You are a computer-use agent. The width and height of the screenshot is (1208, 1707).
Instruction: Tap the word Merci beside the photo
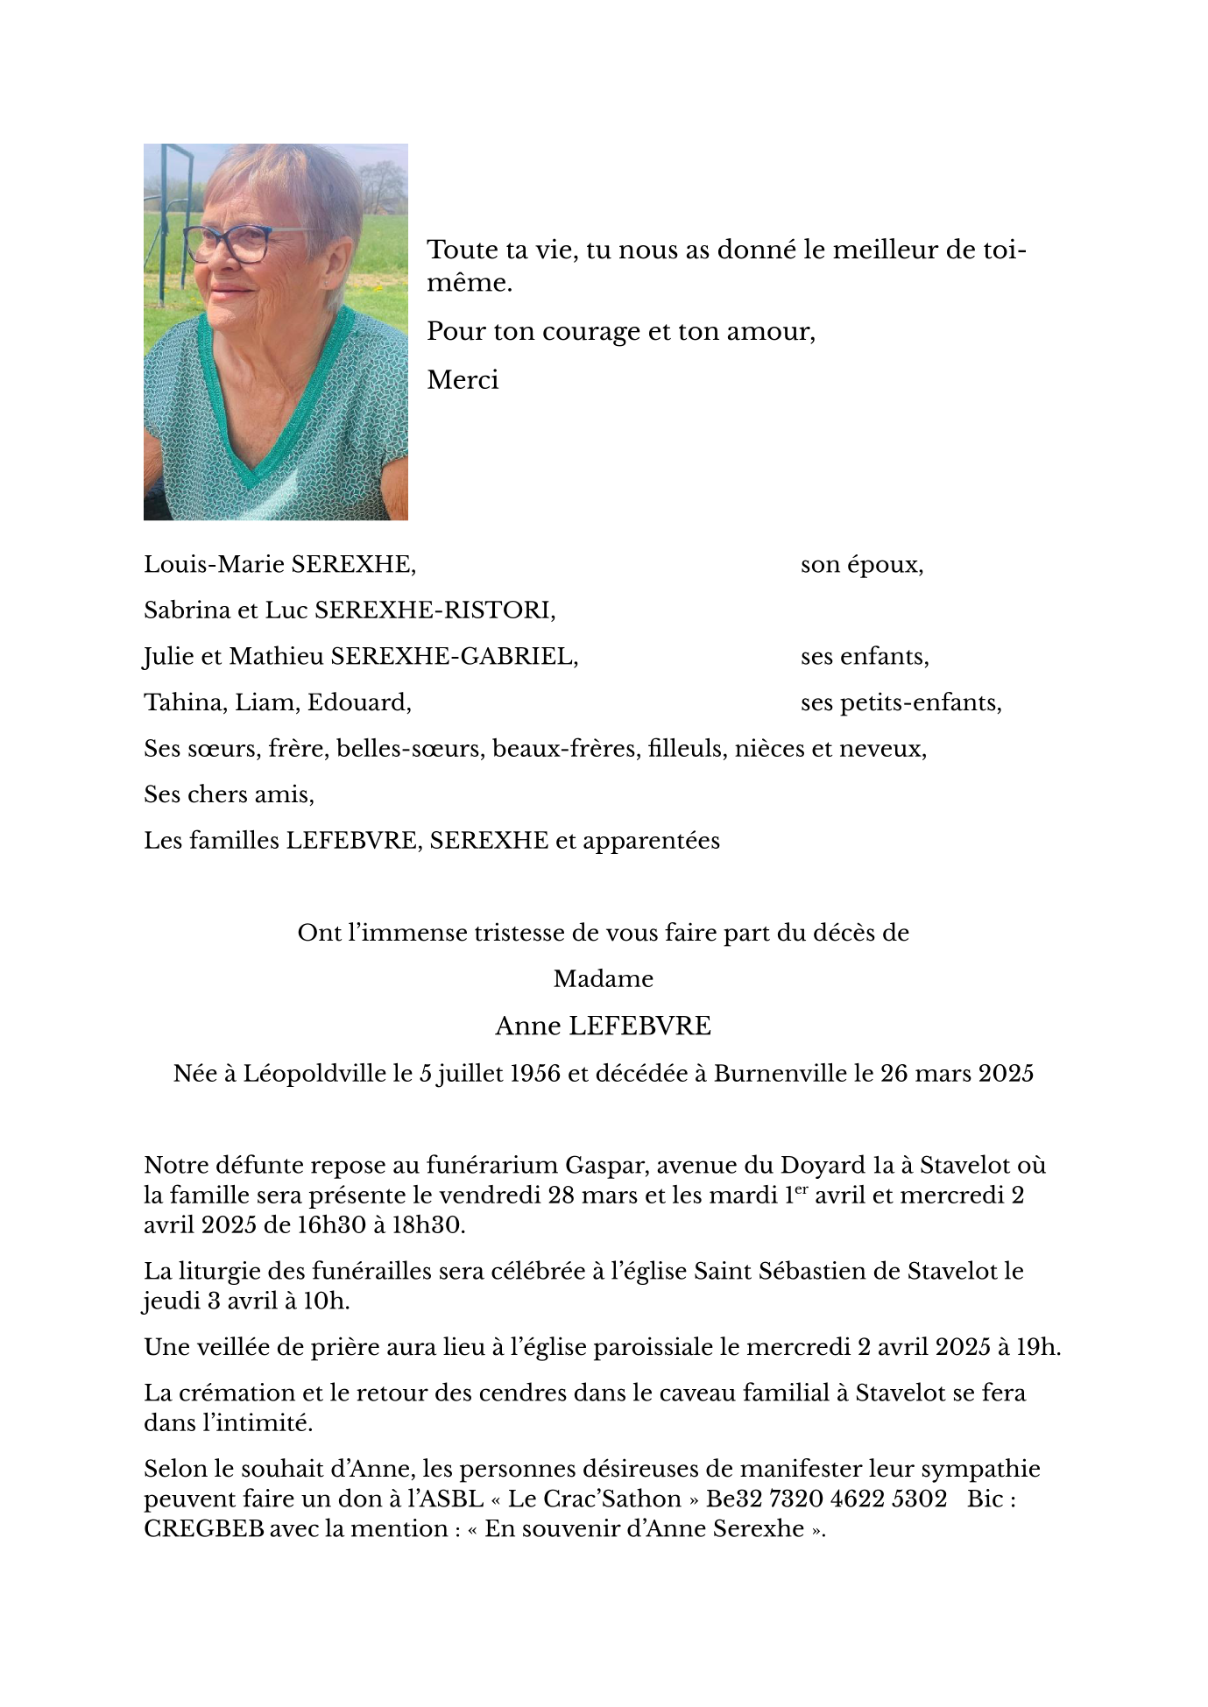pos(463,380)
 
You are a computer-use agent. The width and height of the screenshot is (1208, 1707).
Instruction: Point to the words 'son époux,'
pos(862,565)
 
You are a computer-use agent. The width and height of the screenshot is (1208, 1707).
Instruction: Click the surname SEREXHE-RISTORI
pos(434,610)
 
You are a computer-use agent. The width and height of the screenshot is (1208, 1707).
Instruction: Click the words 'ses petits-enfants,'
pos(901,702)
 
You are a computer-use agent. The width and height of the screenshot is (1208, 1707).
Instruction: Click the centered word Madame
pos(604,978)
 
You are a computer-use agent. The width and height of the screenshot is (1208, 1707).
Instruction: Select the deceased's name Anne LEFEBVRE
pos(604,1026)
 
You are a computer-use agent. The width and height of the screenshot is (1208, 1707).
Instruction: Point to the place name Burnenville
pos(780,1073)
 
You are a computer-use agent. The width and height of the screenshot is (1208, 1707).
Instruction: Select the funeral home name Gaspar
pos(605,1166)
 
